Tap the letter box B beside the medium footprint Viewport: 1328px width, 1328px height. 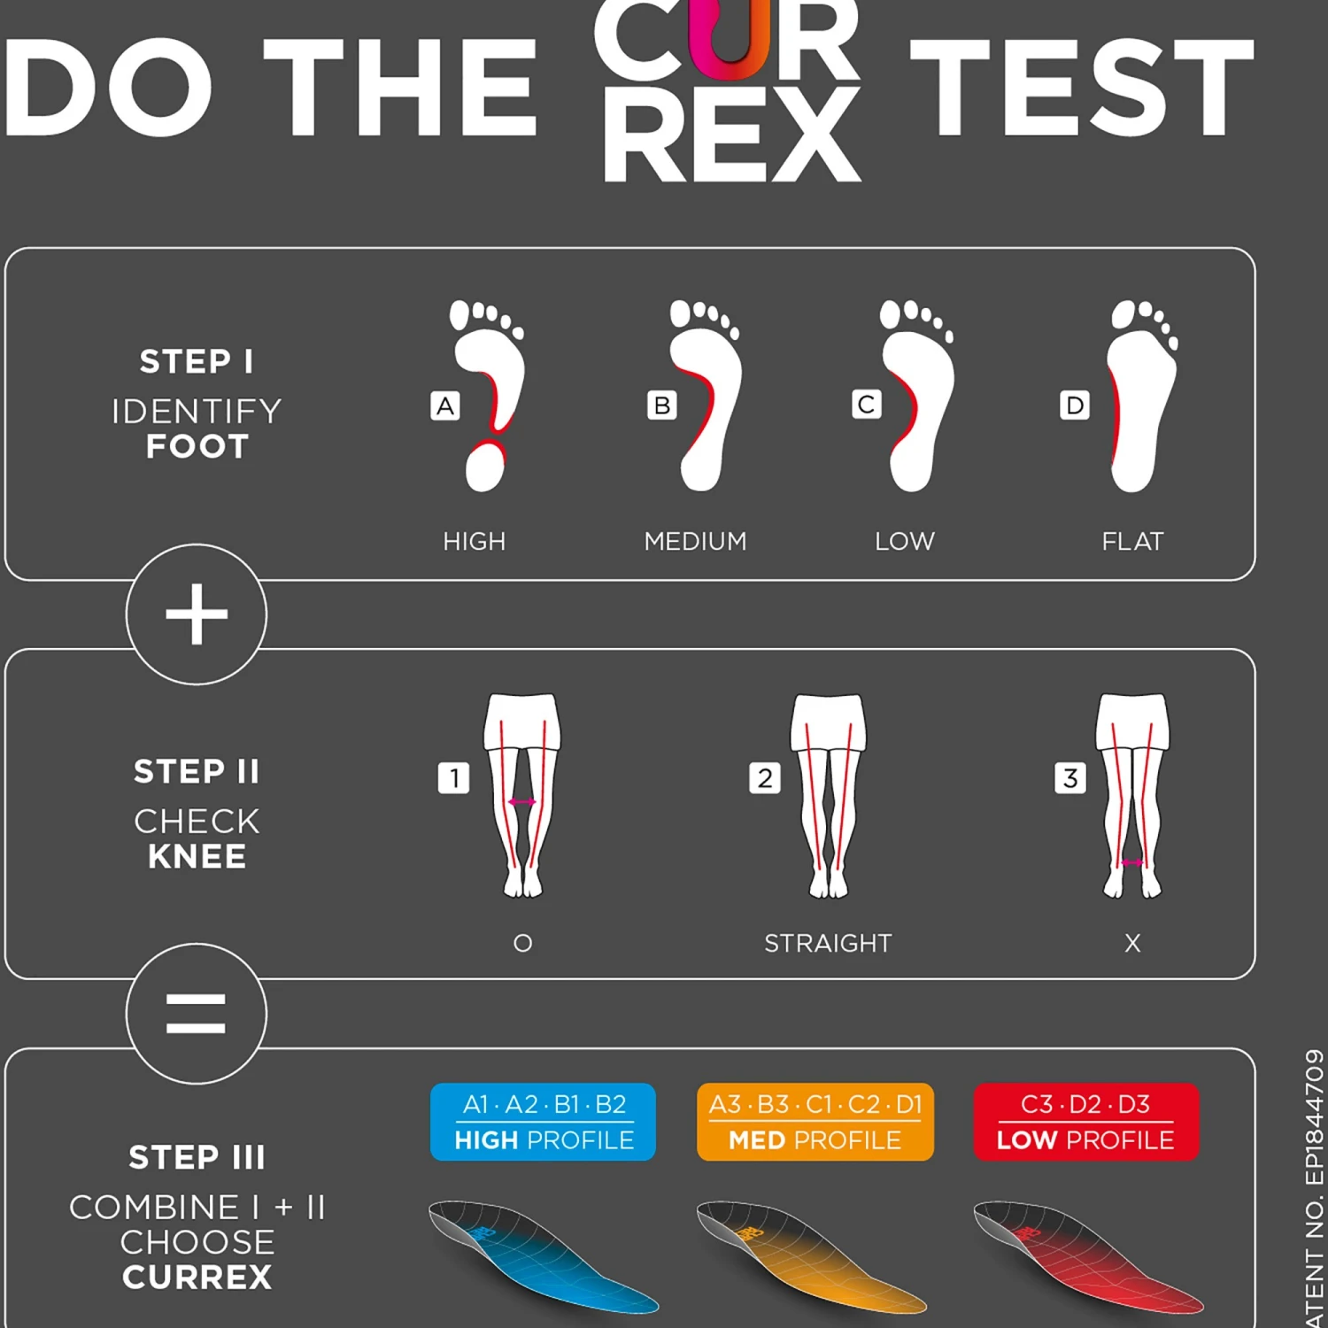click(661, 405)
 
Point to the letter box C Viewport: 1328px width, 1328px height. click(866, 405)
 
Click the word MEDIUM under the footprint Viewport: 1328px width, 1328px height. click(695, 541)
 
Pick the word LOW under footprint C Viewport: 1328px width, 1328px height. click(905, 541)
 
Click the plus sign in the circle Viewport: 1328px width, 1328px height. click(197, 614)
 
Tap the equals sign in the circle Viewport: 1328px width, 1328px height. click(197, 1014)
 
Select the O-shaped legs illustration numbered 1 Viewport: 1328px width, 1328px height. click(522, 795)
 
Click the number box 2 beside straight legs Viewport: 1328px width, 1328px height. click(765, 778)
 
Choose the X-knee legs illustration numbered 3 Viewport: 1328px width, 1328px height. click(1132, 795)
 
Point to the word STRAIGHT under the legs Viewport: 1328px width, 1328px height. click(828, 943)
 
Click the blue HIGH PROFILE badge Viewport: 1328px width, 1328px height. click(543, 1122)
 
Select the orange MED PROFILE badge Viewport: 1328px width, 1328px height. click(815, 1122)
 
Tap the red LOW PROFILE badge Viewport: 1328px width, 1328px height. click(1085, 1122)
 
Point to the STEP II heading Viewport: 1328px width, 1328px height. click(197, 771)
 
